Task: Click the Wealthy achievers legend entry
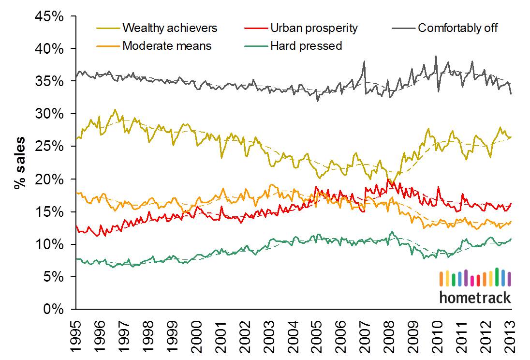click(170, 28)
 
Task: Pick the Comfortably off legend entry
click(457, 28)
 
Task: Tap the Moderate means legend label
click(167, 46)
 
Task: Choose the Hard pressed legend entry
click(306, 46)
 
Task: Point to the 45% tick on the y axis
click(50, 16)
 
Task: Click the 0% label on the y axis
click(54, 309)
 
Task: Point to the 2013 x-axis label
click(511, 334)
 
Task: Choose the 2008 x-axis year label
click(390, 334)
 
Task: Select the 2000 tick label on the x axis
click(196, 334)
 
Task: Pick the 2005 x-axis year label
click(317, 334)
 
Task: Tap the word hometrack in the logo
click(475, 297)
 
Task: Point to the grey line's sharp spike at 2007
click(364, 61)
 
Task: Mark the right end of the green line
click(511, 239)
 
